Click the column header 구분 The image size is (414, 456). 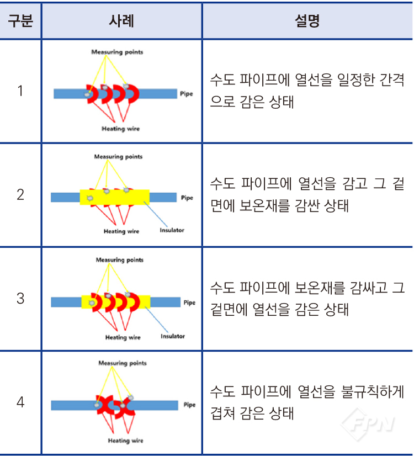click(x=20, y=21)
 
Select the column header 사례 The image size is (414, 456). click(x=121, y=21)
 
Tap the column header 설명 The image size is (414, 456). click(x=307, y=21)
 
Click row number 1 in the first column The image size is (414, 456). click(x=20, y=91)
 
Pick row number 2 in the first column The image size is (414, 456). click(x=20, y=194)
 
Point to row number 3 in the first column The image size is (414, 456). click(x=20, y=299)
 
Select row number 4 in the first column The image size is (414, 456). click(x=20, y=402)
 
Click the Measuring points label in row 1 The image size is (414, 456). click(x=117, y=52)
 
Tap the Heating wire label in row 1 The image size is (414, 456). click(x=121, y=129)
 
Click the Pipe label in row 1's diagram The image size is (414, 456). click(x=187, y=94)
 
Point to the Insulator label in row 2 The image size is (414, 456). click(x=172, y=230)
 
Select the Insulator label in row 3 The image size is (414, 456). click(x=173, y=336)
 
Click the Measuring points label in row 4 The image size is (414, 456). click(x=123, y=363)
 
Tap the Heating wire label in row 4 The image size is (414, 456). click(x=126, y=441)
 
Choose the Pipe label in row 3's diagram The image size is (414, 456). click(x=189, y=303)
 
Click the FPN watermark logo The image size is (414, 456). click(x=368, y=424)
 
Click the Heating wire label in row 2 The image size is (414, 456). click(x=121, y=231)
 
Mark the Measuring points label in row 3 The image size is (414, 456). click(x=119, y=259)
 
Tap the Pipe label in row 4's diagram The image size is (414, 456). click(x=189, y=405)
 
